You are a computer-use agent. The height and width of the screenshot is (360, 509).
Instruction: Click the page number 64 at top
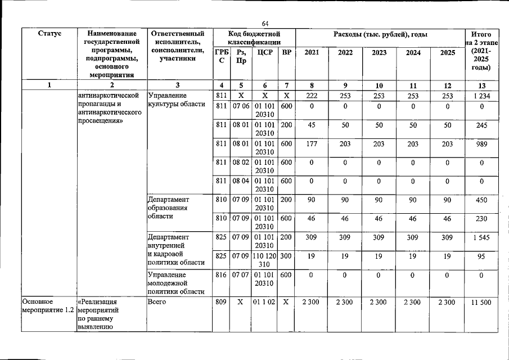point(266,23)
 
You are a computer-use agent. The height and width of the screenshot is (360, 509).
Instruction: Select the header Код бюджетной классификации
point(254,38)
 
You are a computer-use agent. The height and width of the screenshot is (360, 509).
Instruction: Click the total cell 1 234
point(481,96)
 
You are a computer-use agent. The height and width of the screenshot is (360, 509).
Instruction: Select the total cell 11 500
point(481,303)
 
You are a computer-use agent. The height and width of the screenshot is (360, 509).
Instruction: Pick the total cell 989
point(481,144)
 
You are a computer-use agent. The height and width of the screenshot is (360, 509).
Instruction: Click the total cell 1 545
point(481,238)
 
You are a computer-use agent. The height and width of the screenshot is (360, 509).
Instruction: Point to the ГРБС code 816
point(221,275)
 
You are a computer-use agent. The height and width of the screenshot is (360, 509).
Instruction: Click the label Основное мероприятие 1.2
point(48,307)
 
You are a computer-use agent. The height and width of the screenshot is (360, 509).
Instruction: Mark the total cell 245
point(481,125)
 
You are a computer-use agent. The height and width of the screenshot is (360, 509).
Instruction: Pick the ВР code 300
point(287,256)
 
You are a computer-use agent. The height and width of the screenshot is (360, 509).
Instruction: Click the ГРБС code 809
point(221,303)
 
